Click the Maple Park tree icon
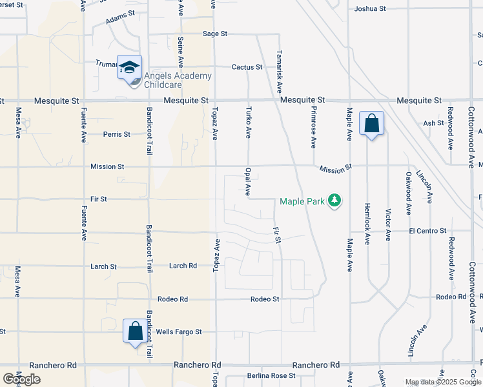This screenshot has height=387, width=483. click(334, 201)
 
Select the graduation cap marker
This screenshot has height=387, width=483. click(129, 67)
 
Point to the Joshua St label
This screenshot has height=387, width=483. click(370, 9)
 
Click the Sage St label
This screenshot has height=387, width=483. click(215, 34)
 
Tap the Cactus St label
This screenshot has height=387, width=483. click(247, 67)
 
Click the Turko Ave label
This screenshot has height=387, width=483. click(248, 123)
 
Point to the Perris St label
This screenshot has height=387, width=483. click(117, 135)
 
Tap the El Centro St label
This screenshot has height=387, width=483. click(427, 230)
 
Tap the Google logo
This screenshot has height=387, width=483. click(21, 379)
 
